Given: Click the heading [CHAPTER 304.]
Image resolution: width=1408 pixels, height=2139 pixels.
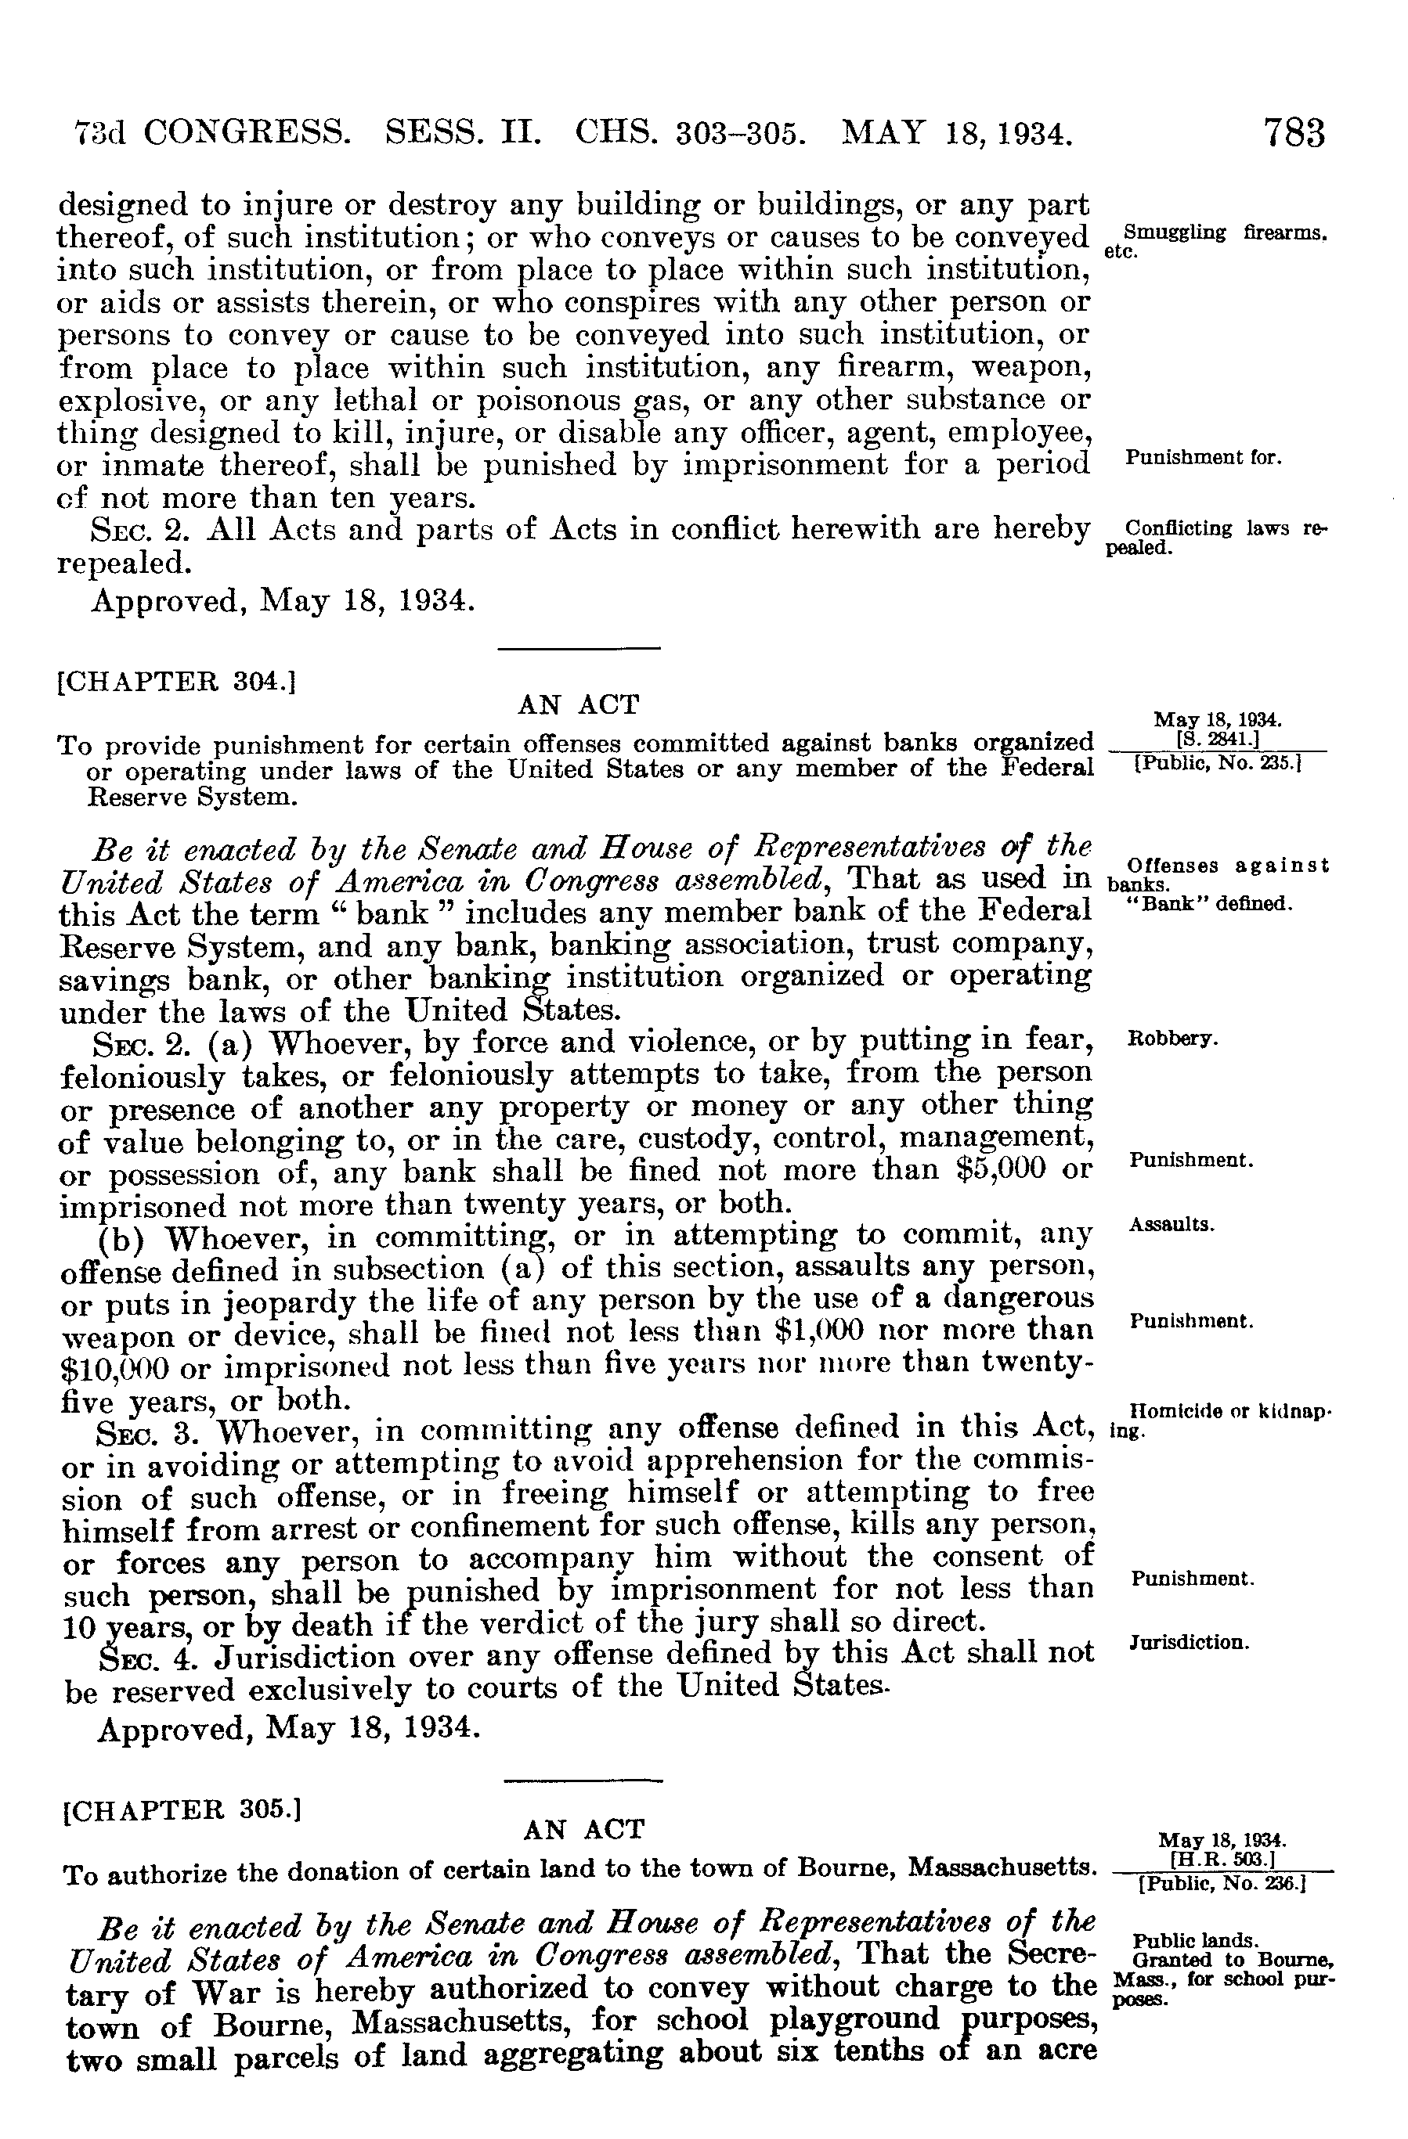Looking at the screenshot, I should point(176,680).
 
